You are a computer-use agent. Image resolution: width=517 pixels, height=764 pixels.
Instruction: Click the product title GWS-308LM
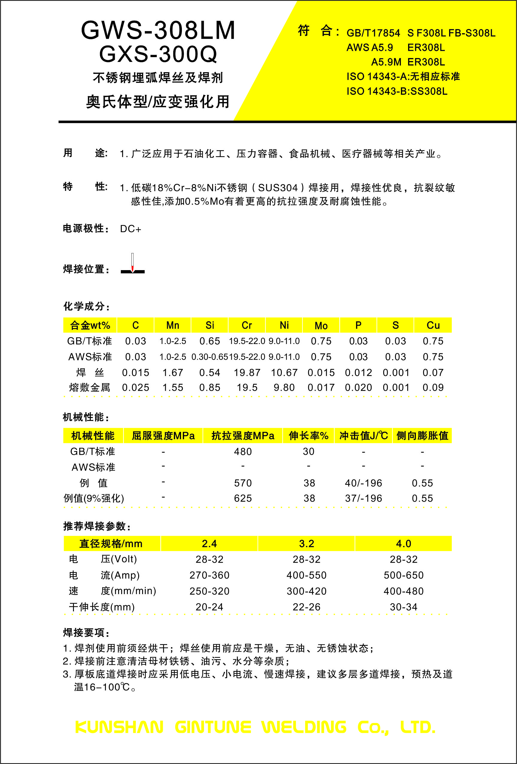(x=158, y=30)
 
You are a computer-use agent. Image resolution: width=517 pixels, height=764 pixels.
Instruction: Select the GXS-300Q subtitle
(x=158, y=54)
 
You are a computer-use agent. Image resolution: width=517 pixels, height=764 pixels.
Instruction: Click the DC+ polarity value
(x=130, y=229)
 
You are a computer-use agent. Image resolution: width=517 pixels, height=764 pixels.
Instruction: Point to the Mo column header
(x=321, y=325)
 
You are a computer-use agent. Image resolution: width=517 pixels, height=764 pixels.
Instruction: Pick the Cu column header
(x=433, y=325)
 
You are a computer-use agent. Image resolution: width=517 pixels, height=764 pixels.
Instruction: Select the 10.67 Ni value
(x=284, y=373)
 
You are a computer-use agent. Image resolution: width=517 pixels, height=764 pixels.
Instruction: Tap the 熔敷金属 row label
(x=89, y=388)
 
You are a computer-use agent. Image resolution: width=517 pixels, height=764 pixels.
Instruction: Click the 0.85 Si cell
(x=209, y=388)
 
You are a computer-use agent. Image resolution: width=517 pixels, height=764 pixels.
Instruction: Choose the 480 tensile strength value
(x=243, y=452)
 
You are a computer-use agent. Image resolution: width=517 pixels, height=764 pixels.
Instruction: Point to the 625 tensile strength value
(x=243, y=498)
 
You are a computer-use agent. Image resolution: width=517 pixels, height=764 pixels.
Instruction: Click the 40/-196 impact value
(x=364, y=483)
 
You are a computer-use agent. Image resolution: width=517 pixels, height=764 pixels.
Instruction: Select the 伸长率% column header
(x=308, y=436)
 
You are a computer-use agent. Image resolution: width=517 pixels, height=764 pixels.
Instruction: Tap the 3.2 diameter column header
(x=306, y=544)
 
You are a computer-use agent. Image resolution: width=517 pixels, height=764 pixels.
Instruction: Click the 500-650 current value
(x=404, y=575)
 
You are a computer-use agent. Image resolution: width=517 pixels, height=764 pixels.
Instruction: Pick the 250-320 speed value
(x=209, y=591)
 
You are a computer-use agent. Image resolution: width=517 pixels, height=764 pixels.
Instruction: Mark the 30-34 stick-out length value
(x=404, y=607)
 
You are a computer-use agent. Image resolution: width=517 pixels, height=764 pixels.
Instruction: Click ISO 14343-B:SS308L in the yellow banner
(x=397, y=91)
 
